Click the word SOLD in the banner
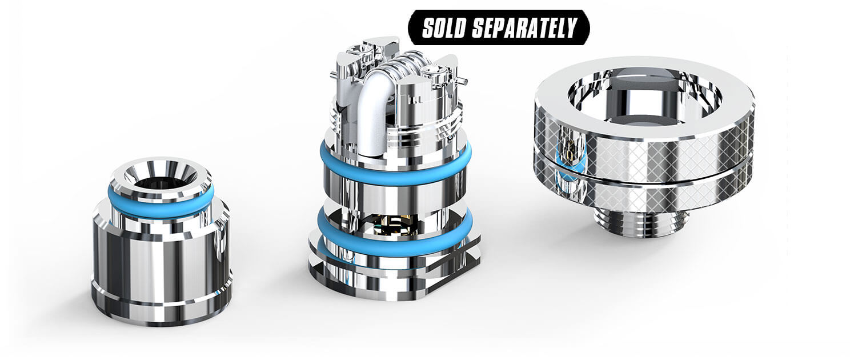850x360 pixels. (x=444, y=27)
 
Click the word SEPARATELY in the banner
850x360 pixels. (x=524, y=27)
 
